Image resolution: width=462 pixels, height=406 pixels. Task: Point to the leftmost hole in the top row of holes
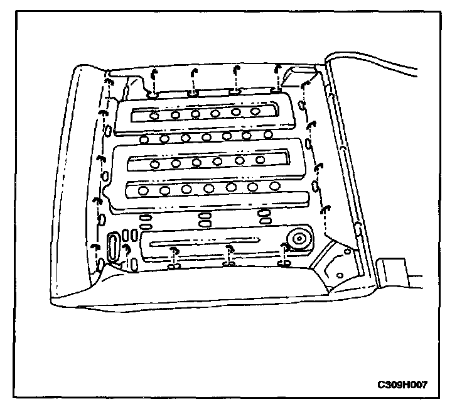(x=154, y=116)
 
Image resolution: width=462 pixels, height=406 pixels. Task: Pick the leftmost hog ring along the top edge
(x=154, y=74)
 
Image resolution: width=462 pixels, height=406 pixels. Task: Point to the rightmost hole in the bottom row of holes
(x=274, y=186)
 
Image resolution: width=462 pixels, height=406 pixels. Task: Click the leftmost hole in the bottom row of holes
(x=144, y=190)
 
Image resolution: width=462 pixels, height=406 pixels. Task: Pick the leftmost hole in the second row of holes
(x=144, y=139)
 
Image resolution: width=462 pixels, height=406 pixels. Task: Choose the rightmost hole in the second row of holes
(x=268, y=134)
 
